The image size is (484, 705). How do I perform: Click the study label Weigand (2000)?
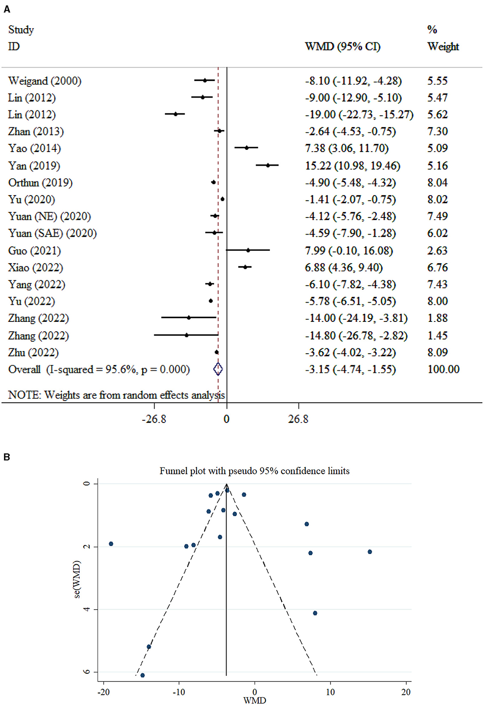tap(45, 81)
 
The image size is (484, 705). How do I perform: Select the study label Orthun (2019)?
tap(40, 183)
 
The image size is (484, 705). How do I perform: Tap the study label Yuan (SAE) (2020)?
tap(52, 233)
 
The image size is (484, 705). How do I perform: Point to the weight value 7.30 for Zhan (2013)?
tap(437, 131)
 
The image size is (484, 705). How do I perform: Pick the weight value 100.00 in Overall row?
tap(443, 369)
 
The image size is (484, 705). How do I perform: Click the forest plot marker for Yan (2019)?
tap(268, 165)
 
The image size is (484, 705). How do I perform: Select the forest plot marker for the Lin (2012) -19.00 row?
tap(175, 114)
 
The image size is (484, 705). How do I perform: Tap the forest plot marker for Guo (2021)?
tap(248, 250)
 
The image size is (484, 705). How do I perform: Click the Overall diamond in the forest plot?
tap(218, 369)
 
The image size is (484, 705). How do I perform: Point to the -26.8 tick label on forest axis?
tap(154, 419)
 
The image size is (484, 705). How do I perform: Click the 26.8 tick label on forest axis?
tap(298, 419)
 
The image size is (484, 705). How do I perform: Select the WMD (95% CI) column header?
tap(342, 47)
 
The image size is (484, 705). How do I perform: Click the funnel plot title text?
tap(254, 471)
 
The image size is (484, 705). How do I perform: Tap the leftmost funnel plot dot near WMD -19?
tap(111, 544)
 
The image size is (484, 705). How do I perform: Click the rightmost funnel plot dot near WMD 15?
tap(370, 552)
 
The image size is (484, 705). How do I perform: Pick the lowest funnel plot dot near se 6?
tap(143, 675)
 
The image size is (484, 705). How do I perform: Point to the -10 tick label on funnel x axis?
tap(179, 692)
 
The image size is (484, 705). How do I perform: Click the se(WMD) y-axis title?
tap(77, 579)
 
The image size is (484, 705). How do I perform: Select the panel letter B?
tap(6, 457)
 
